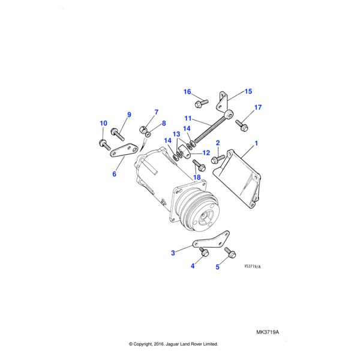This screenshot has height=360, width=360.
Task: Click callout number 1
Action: pos(256,143)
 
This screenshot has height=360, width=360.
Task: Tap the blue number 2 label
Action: pos(218,143)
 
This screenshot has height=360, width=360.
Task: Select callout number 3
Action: pos(173,253)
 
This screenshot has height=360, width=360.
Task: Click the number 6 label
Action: pos(114,174)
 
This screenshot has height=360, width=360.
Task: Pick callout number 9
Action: pos(128,115)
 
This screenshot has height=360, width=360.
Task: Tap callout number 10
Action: pos(103,124)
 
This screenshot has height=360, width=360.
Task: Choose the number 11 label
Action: pos(188,118)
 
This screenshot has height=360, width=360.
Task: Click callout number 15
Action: pos(248,92)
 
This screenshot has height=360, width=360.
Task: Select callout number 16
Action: pos(187,92)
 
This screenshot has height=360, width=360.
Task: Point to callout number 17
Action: pos(258,108)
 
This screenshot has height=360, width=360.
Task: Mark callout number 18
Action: pos(197,177)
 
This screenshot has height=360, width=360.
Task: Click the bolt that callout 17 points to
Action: pos(242,125)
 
